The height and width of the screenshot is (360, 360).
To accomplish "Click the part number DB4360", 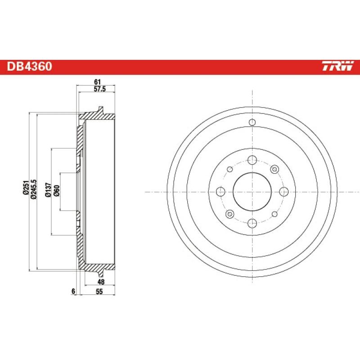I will click(x=29, y=67).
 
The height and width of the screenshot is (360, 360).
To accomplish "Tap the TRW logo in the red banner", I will click(x=337, y=67).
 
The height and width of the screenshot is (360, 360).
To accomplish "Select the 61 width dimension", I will click(x=97, y=81).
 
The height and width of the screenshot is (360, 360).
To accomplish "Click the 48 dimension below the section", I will click(x=101, y=282).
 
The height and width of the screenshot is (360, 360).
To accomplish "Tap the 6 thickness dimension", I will click(x=72, y=292).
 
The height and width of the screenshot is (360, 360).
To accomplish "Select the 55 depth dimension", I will click(x=99, y=292).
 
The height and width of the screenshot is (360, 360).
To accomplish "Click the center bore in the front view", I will click(x=252, y=192).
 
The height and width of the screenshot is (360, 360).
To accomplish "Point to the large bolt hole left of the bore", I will click(x=220, y=192).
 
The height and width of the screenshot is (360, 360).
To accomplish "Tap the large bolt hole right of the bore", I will click(x=283, y=192).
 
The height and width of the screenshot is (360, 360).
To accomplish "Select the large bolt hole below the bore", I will click(x=252, y=223).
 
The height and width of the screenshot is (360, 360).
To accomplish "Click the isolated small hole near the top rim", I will click(x=252, y=122).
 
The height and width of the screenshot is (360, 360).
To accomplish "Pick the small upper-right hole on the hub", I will click(x=274, y=169).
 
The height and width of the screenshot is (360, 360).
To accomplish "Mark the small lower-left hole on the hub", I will click(x=230, y=214).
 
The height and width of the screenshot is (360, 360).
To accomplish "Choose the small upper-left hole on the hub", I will click(x=230, y=169).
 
